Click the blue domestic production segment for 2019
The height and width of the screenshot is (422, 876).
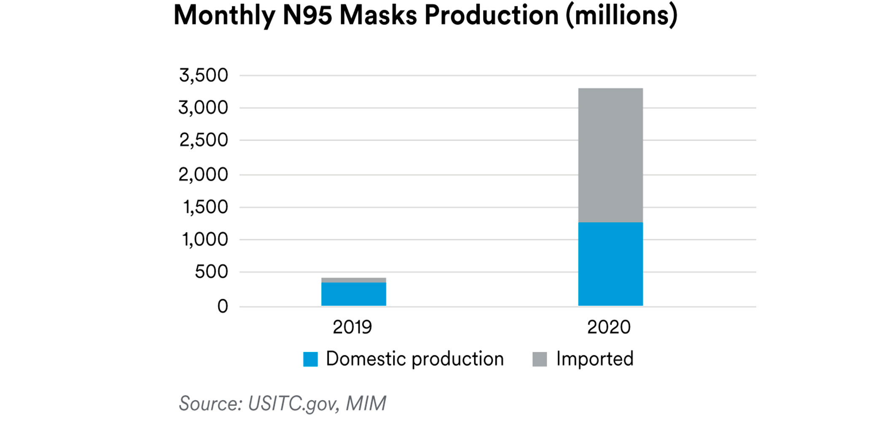click(x=353, y=294)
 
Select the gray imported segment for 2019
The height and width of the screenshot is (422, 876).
click(x=353, y=280)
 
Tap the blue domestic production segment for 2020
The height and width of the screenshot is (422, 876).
click(x=610, y=264)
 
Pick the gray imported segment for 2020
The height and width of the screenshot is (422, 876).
click(x=610, y=155)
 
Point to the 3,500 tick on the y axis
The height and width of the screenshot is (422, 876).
click(x=204, y=76)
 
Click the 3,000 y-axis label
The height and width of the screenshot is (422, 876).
click(x=203, y=108)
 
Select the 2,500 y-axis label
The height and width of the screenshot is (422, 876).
click(x=204, y=140)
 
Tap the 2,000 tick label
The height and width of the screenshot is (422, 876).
click(x=203, y=174)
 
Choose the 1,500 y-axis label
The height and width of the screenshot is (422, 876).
click(x=205, y=207)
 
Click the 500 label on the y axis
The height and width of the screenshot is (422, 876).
click(x=211, y=272)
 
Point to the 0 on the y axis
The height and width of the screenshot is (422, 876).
click(x=223, y=306)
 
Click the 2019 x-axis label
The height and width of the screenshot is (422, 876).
click(x=352, y=327)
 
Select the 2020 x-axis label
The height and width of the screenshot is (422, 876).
click(x=609, y=327)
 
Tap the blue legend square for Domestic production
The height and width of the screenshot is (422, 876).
click(x=310, y=359)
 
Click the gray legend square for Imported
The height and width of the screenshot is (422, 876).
click(x=540, y=359)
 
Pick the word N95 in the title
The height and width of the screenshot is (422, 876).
click(x=307, y=16)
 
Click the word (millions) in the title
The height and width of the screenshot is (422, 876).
click(x=621, y=16)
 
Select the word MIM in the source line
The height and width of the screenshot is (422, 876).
click(x=366, y=403)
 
